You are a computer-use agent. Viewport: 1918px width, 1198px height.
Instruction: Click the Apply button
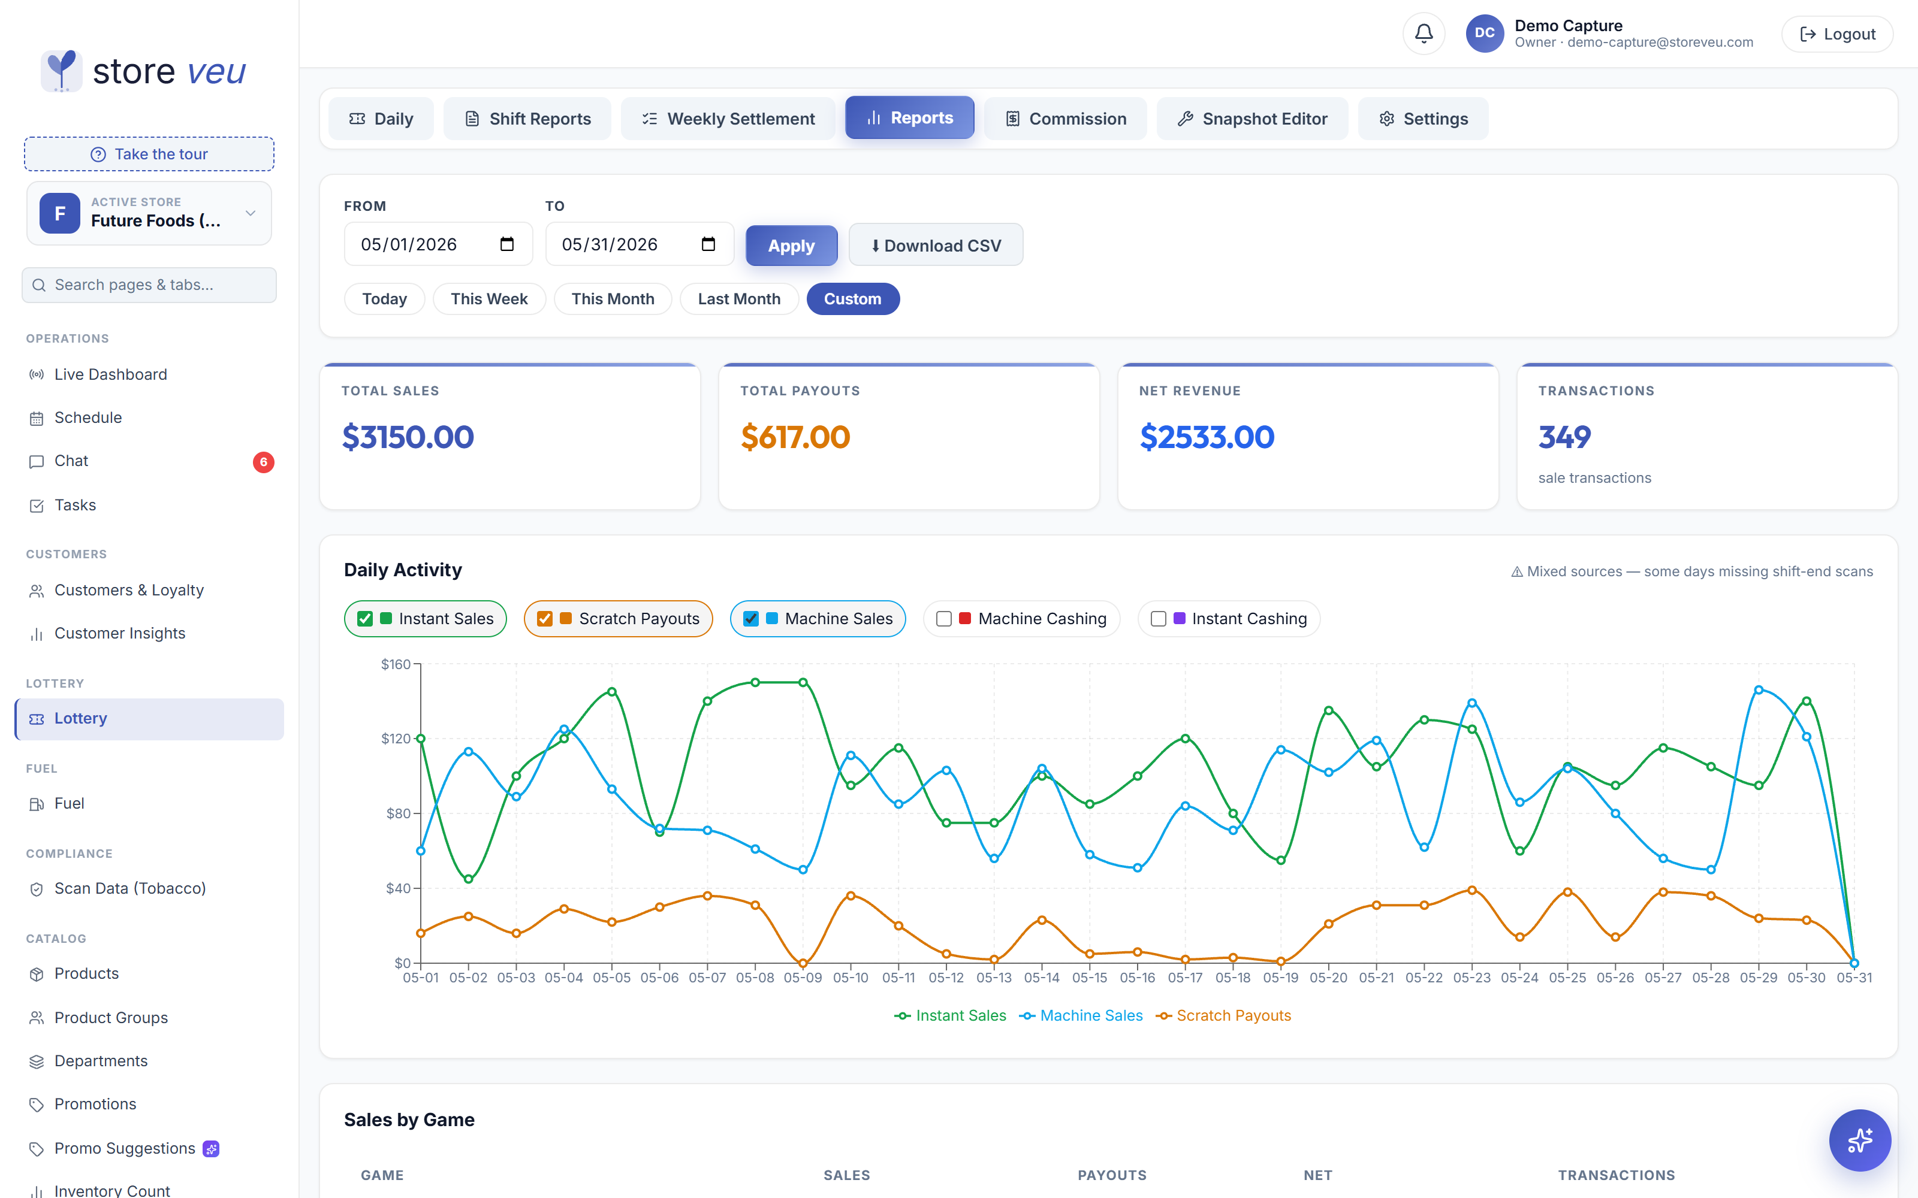[x=791, y=246]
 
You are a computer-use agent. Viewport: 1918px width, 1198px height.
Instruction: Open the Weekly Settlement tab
[x=728, y=119]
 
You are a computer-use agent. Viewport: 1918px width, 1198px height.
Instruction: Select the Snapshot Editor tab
[x=1252, y=119]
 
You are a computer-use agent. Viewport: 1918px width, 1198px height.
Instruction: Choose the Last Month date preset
[x=738, y=299]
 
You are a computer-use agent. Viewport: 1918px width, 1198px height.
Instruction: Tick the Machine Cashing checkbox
[x=944, y=619]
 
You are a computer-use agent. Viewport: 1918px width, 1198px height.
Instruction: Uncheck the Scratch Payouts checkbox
[x=544, y=619]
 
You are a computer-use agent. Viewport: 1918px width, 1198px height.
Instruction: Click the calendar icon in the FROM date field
[x=507, y=244]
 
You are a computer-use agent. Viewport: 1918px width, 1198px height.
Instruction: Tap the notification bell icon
[x=1424, y=34]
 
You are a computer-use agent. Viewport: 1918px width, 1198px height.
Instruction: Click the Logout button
[x=1837, y=34]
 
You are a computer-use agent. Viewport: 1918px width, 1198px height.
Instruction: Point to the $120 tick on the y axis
[x=396, y=739]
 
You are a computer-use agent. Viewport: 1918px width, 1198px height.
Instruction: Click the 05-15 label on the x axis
[x=1090, y=978]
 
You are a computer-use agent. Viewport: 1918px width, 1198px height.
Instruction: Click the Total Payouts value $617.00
[x=795, y=437]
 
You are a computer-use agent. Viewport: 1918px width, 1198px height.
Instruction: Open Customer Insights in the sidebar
[x=120, y=633]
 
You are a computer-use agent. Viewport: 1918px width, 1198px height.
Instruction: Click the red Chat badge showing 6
[x=264, y=462]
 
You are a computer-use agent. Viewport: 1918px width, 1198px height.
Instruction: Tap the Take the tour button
[x=149, y=154]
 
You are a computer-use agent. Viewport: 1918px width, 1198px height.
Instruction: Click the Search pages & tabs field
[x=149, y=285]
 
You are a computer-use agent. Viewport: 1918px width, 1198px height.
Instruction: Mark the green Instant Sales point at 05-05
[x=612, y=692]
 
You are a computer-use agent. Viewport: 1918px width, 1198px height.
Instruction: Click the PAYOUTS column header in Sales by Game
[x=1112, y=1175]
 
